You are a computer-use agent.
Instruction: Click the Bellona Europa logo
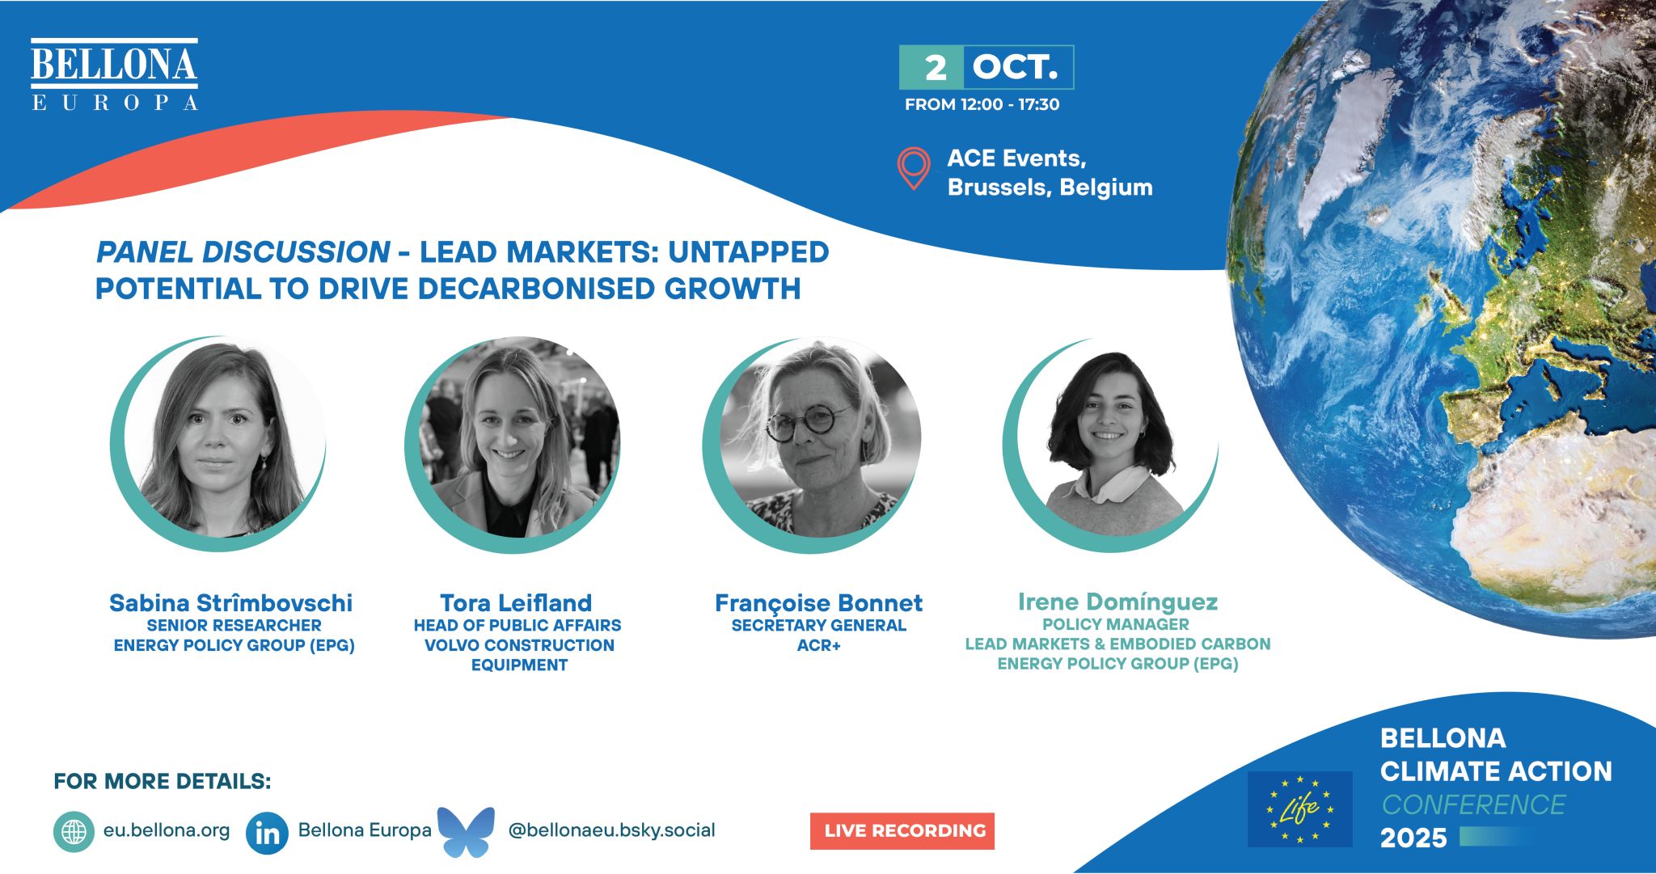(x=114, y=74)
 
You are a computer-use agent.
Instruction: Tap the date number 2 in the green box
(x=936, y=68)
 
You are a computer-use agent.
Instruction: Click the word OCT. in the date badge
(x=1015, y=67)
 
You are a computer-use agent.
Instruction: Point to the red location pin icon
(x=914, y=168)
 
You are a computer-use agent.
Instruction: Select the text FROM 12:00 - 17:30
(x=982, y=104)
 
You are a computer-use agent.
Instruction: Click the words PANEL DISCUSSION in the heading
(x=243, y=252)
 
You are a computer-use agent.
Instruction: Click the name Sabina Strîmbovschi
(x=231, y=603)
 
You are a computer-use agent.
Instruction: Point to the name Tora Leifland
(x=516, y=603)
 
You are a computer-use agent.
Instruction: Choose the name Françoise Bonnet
(x=818, y=603)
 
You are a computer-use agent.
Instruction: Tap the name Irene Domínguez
(x=1117, y=602)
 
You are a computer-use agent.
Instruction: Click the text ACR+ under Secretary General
(x=819, y=645)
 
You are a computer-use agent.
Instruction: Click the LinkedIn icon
(x=267, y=833)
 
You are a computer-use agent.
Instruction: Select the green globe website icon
(x=74, y=832)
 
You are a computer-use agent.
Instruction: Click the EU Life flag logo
(x=1299, y=809)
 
